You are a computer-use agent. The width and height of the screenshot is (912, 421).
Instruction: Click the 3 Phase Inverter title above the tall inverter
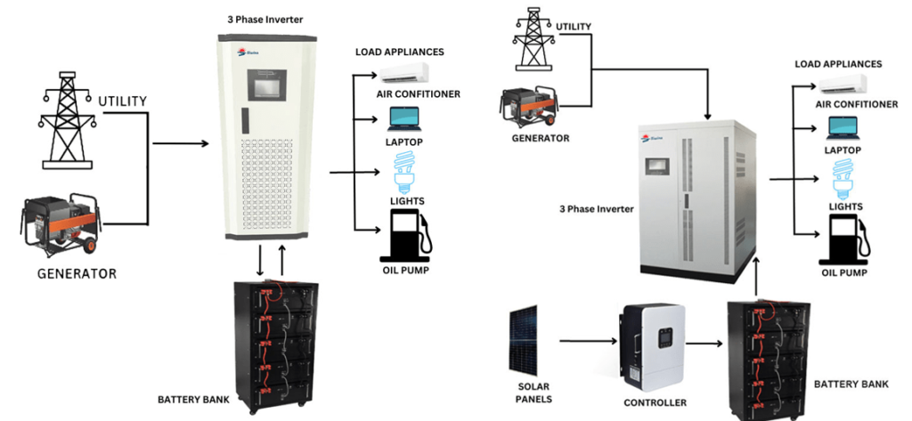coord(265,19)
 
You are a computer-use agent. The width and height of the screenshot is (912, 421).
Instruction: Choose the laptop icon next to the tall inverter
coord(402,118)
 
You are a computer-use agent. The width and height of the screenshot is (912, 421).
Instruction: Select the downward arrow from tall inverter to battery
coord(260,263)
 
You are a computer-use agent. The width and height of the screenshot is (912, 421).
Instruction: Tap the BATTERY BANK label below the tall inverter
coord(193,399)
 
